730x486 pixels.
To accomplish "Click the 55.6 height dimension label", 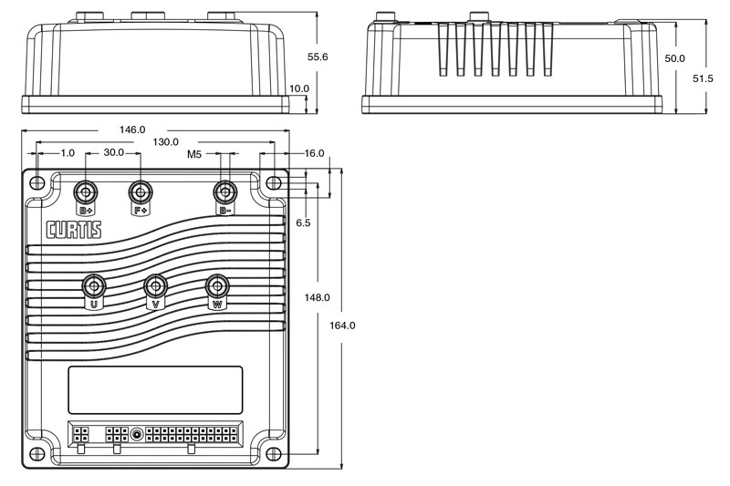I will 318,57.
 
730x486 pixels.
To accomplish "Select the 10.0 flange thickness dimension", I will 299,89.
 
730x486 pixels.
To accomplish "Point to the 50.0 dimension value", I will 675,58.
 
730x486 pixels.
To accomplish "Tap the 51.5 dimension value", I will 703,79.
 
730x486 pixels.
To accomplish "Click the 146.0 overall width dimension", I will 131,130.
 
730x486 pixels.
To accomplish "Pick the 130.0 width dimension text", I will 165,142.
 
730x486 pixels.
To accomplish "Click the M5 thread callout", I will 194,155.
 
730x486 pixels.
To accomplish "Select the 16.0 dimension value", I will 314,154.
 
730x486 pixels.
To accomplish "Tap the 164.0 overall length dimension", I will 341,326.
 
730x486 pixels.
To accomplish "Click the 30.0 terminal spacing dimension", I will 113,154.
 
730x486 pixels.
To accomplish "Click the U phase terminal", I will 93,285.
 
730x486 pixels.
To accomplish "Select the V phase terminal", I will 156,286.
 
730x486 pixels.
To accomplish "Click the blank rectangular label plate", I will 155,390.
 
